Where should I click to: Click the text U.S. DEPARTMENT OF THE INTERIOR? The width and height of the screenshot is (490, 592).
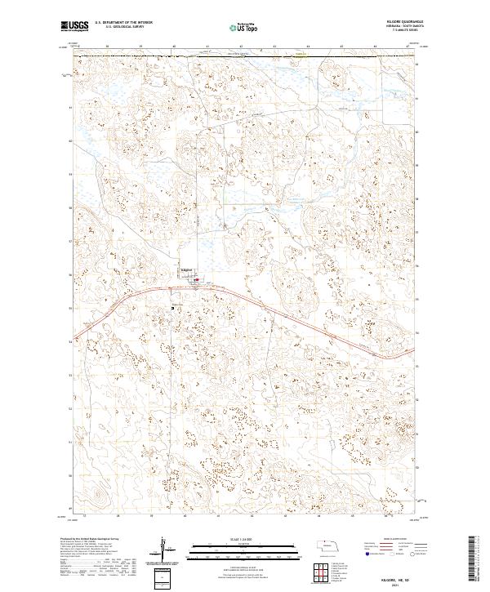point(122,24)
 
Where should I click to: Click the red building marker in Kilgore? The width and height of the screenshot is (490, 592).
point(197,279)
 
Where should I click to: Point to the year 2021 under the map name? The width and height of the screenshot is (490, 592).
point(400,583)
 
